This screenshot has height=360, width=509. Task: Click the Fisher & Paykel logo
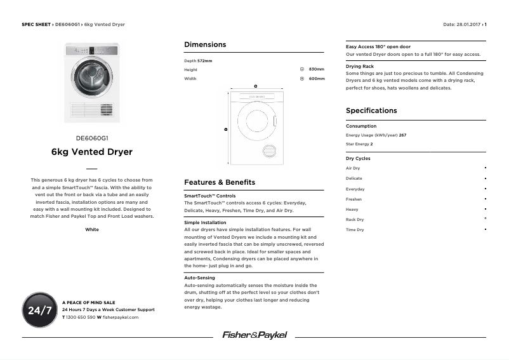click(254, 335)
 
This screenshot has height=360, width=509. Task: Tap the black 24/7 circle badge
click(39, 310)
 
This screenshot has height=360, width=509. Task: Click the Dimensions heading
click(205, 44)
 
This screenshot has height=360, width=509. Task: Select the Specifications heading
click(371, 110)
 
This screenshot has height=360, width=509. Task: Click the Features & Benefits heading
click(220, 182)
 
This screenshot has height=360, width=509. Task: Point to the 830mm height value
click(316, 69)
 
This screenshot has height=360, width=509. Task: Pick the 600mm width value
click(316, 79)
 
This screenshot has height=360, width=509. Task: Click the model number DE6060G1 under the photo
click(92, 138)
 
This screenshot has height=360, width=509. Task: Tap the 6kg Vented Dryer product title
click(92, 152)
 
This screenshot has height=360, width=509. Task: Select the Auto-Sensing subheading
click(199, 277)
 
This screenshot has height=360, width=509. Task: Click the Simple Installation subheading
click(205, 223)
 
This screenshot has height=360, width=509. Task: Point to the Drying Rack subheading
click(360, 66)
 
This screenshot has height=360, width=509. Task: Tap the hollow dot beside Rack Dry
click(485, 219)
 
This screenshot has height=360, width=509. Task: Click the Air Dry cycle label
click(353, 168)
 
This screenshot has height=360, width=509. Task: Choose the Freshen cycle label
click(354, 199)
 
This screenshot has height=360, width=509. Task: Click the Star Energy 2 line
click(359, 144)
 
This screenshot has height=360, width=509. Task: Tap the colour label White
click(92, 229)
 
